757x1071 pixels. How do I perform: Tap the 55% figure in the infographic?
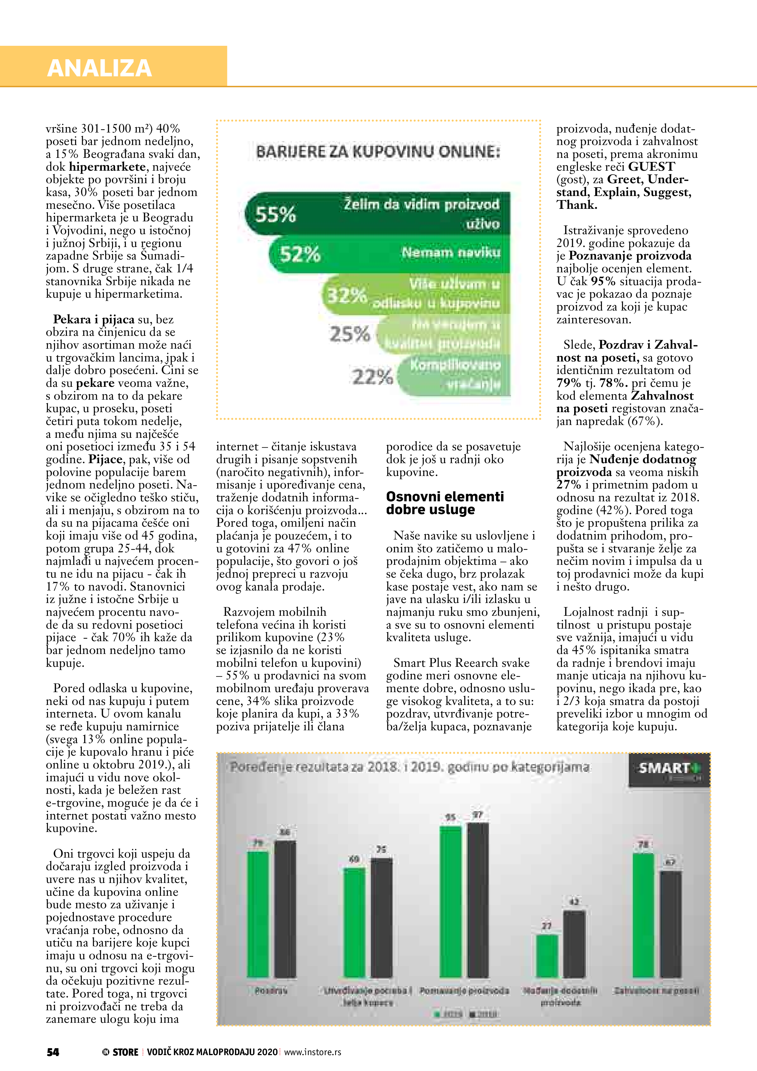tap(276, 215)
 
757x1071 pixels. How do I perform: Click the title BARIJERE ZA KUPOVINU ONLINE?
tap(378, 152)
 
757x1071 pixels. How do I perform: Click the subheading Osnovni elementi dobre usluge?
tap(444, 503)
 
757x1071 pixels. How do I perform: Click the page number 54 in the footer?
tap(53, 1052)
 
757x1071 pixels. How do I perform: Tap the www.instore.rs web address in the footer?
tap(313, 1052)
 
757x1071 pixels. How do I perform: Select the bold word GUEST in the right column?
tap(651, 166)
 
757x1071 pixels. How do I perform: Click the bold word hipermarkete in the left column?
tap(107, 166)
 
